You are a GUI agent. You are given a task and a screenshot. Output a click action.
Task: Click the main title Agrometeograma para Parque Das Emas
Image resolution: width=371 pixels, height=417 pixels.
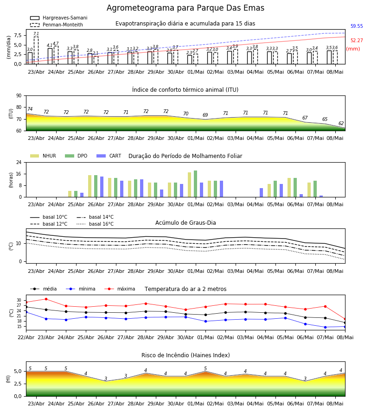pyautogui.click(x=185, y=8)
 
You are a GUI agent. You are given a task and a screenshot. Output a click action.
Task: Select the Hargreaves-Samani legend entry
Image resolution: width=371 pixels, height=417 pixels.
pyautogui.click(x=59, y=18)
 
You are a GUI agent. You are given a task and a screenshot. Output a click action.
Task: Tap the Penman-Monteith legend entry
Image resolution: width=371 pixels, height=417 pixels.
pyautogui.click(x=57, y=25)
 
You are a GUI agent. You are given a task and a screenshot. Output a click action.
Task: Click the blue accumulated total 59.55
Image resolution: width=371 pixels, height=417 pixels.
pyautogui.click(x=357, y=26)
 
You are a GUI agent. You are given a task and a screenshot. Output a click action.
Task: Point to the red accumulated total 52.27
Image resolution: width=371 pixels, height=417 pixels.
pyautogui.click(x=357, y=40)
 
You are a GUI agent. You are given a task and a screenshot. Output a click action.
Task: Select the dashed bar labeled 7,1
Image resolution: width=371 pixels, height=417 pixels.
pyautogui.click(x=36, y=50)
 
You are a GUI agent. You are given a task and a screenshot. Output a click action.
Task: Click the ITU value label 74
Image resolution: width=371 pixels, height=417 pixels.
pyautogui.click(x=30, y=109)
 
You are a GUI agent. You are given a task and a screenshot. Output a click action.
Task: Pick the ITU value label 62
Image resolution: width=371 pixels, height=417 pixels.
pyautogui.click(x=341, y=123)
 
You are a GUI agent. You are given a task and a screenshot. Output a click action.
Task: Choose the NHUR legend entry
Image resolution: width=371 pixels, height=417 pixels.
pyautogui.click(x=43, y=156)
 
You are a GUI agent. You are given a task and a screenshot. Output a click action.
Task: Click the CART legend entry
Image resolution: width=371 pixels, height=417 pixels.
pyautogui.click(x=109, y=156)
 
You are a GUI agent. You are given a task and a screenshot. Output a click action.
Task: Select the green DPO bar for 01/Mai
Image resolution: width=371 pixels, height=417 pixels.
pyautogui.click(x=196, y=184)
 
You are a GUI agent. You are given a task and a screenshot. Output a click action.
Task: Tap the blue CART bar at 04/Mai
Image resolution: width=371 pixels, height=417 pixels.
pyautogui.click(x=262, y=193)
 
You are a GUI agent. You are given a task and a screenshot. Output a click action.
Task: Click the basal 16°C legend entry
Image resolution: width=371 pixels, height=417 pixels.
pyautogui.click(x=95, y=224)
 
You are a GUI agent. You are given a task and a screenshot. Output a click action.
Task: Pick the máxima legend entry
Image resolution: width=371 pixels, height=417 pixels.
pyautogui.click(x=120, y=289)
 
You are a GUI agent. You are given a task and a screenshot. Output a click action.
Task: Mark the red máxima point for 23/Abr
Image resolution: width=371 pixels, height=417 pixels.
pyautogui.click(x=46, y=299)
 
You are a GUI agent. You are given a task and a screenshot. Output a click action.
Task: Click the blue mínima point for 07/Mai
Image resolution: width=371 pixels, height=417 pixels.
pyautogui.click(x=325, y=328)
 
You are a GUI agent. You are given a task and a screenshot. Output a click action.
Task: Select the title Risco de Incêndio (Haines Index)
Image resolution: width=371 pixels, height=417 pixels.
pyautogui.click(x=185, y=355)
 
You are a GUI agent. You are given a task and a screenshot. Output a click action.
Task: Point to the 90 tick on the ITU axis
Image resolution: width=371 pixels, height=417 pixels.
pyautogui.click(x=19, y=96)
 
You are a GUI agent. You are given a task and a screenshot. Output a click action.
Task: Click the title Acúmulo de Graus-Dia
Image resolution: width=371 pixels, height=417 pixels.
pyautogui.click(x=185, y=223)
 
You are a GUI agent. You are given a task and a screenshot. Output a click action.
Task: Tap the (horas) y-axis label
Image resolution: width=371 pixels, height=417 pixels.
pyautogui.click(x=11, y=180)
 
